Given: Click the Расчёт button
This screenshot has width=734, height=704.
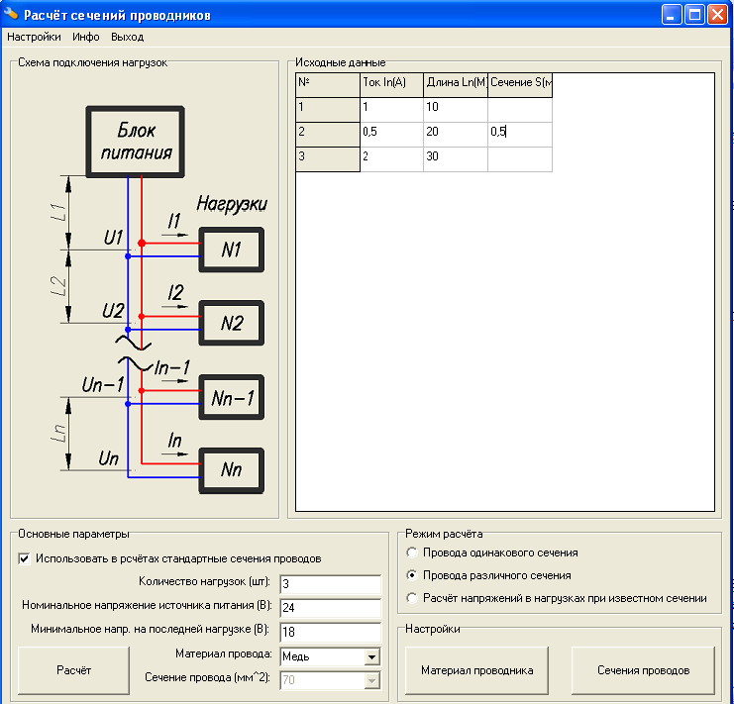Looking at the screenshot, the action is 73,670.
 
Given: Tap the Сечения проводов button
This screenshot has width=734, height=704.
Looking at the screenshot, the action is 643,670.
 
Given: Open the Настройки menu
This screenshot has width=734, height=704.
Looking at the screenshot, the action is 34,37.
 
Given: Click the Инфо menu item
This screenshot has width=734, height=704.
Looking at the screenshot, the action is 85,37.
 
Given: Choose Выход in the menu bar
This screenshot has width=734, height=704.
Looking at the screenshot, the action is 128,37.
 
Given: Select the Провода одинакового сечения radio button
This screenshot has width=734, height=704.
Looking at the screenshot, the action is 412,553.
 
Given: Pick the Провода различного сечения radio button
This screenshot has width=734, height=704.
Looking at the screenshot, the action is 412,575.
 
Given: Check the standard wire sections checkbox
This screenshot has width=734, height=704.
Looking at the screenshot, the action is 24,558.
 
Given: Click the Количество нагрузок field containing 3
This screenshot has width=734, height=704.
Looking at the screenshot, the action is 331,584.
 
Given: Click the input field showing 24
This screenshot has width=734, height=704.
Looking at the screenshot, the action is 331,608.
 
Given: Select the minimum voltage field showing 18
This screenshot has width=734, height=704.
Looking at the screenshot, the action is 331,632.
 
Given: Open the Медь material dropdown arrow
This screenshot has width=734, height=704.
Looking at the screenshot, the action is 371,656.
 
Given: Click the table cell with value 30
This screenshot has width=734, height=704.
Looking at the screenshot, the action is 456,156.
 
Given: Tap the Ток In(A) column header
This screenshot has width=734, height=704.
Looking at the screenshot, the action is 392,85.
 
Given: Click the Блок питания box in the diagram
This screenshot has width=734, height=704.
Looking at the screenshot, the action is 136,142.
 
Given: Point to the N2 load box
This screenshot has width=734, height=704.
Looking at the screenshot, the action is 231,323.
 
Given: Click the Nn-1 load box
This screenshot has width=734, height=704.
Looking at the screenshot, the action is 231,397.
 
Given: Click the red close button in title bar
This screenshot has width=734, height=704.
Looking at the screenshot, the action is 717,15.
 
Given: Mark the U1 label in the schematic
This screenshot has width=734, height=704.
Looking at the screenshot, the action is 113,238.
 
